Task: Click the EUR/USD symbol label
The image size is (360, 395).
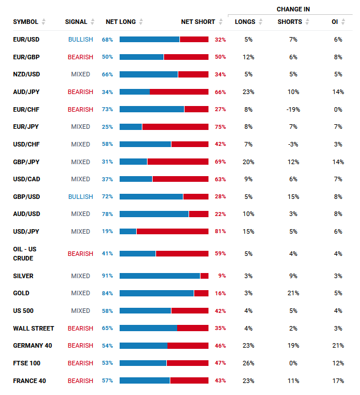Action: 26,39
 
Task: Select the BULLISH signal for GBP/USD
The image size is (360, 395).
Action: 80,197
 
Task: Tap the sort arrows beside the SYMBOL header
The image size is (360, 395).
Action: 43,22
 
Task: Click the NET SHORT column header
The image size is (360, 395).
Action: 198,22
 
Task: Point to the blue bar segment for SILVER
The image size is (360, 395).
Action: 159,276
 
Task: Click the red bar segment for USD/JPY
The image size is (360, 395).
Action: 173,231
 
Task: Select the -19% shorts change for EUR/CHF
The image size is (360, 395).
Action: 293,109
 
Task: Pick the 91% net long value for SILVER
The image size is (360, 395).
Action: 107,276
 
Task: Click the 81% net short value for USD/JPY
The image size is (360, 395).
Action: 220,231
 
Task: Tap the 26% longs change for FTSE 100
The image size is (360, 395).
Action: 248,363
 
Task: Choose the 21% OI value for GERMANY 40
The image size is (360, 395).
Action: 338,345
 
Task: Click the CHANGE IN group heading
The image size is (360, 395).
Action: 293,9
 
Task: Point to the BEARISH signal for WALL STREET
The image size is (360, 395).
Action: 80,328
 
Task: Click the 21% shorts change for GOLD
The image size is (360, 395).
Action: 293,293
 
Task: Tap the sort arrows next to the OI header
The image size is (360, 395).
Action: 343,22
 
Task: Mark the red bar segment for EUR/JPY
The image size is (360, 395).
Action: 175,127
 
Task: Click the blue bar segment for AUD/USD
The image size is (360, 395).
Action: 154,214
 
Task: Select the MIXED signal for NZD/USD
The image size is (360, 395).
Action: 80,74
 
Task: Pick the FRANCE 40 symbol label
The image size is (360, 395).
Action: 30,381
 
